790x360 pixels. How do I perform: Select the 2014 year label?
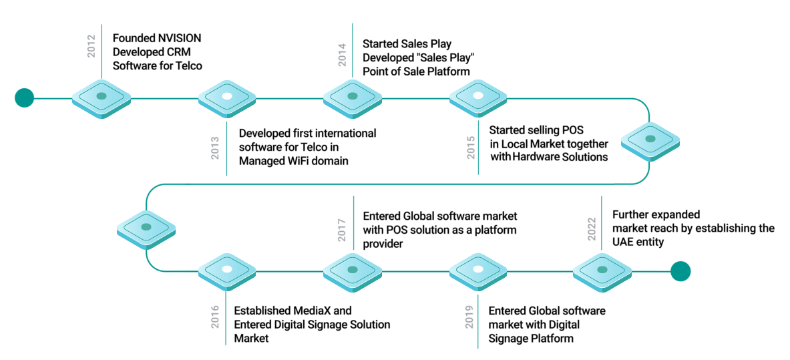(342, 54)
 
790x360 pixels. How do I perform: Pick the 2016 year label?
(215, 317)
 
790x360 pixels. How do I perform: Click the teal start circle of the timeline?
(24, 98)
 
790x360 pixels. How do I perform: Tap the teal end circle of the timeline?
(680, 271)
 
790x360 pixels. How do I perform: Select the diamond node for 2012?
(102, 98)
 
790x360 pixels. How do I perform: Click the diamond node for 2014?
(353, 98)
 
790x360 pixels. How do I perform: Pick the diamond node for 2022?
(602, 271)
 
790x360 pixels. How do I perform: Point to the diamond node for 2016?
(227, 271)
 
